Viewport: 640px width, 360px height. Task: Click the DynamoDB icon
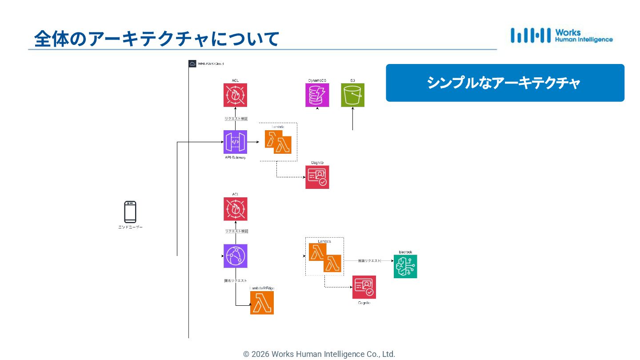pyautogui.click(x=317, y=95)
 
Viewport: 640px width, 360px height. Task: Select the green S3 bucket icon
pyautogui.click(x=352, y=95)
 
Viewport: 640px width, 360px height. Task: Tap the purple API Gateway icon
pyautogui.click(x=235, y=142)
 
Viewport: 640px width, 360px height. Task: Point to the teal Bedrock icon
pyautogui.click(x=405, y=267)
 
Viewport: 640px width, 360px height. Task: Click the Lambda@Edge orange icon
pyautogui.click(x=262, y=303)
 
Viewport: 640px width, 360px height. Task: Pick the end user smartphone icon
pyautogui.click(x=130, y=212)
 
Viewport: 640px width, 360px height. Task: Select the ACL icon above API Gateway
pyautogui.click(x=235, y=95)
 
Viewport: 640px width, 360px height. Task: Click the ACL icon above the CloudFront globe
pyautogui.click(x=235, y=209)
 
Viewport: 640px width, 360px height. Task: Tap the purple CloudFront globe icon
pyautogui.click(x=235, y=256)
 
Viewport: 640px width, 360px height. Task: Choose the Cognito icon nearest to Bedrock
pyautogui.click(x=364, y=287)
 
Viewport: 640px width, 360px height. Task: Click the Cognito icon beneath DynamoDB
pyautogui.click(x=317, y=177)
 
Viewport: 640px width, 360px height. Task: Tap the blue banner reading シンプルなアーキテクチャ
pyautogui.click(x=505, y=83)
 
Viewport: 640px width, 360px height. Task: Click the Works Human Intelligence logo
pyautogui.click(x=561, y=36)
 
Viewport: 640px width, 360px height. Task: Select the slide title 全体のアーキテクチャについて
pyautogui.click(x=156, y=39)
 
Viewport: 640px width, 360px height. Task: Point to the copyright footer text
pyautogui.click(x=319, y=354)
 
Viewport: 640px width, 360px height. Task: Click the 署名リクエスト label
pyautogui.click(x=236, y=280)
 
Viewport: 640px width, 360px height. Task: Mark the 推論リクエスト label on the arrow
pyautogui.click(x=370, y=261)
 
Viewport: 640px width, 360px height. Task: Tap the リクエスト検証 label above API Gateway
pyautogui.click(x=236, y=119)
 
